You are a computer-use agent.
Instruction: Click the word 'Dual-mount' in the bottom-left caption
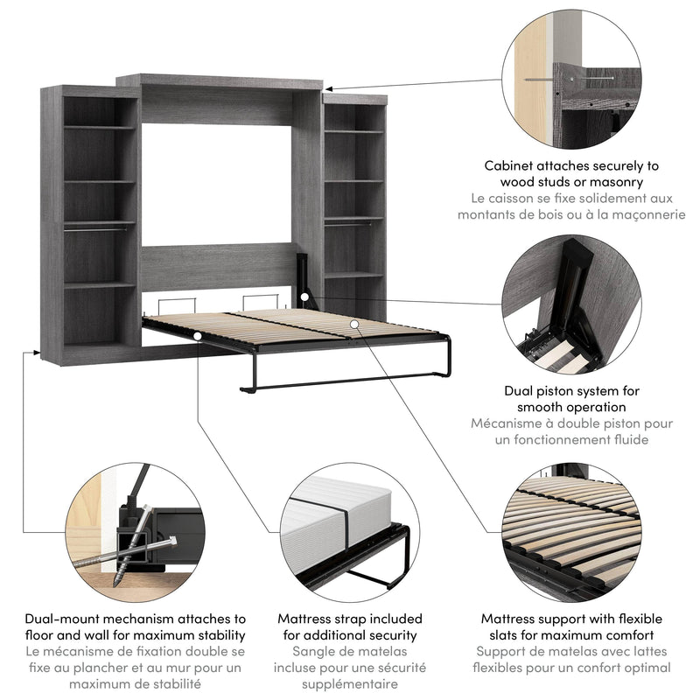pos(64,619)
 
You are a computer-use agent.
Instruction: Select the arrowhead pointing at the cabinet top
pos(330,87)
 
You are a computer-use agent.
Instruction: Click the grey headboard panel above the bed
pos(219,266)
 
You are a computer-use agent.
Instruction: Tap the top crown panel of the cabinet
pos(219,80)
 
